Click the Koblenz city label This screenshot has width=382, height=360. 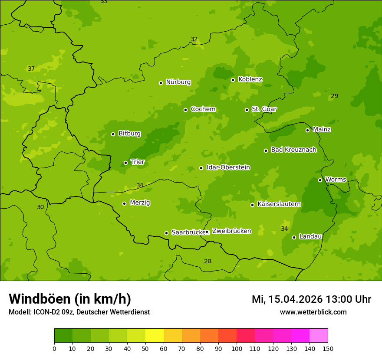point(250,79)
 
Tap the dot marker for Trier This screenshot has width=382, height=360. point(126,163)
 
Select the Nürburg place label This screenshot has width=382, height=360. point(178,82)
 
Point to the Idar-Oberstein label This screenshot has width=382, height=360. point(228,167)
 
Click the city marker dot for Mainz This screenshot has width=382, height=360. point(307,130)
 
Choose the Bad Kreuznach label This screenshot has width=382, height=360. point(293,150)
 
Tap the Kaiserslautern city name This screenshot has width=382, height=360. point(279,204)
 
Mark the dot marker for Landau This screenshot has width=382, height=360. point(294,237)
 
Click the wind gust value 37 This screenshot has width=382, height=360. point(31,69)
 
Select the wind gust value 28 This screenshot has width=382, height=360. point(208,261)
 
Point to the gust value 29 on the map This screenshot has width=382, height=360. point(334,96)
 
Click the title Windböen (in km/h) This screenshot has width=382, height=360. point(70,299)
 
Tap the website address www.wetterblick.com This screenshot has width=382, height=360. point(313,312)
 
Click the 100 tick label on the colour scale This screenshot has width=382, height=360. point(237,348)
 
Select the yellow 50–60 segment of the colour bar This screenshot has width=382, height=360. point(155,336)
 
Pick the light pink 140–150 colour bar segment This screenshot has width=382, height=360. point(319,336)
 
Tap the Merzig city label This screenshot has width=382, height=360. point(140,203)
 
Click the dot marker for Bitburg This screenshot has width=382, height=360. point(113,134)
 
